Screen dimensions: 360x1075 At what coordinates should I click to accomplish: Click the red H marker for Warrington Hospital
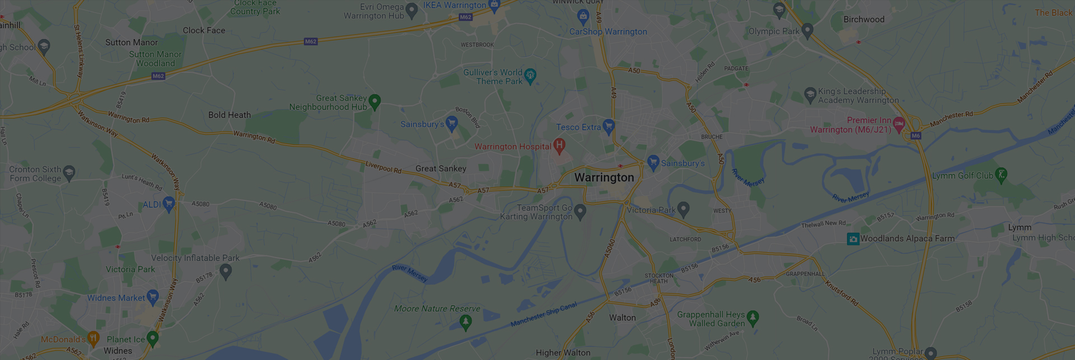559,146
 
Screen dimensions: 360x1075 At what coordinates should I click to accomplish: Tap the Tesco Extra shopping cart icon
609,126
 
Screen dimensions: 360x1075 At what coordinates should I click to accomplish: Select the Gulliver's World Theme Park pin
530,75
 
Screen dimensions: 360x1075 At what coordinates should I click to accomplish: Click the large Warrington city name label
604,177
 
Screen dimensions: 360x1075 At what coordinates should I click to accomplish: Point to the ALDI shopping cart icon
169,203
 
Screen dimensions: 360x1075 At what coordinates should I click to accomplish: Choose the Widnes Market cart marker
152,297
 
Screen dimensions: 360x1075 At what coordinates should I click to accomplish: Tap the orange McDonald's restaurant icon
94,338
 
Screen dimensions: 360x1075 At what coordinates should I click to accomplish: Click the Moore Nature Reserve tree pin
465,321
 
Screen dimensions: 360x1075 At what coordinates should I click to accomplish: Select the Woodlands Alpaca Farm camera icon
853,239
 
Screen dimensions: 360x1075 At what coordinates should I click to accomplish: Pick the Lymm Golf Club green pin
1001,175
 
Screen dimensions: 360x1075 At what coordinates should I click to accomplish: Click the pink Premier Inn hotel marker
899,124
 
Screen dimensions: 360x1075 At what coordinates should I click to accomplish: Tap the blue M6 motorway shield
915,136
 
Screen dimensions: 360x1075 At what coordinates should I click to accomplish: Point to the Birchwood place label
864,20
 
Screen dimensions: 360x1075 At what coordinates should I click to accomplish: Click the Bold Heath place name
230,115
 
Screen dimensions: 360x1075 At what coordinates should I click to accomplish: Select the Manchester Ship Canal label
543,315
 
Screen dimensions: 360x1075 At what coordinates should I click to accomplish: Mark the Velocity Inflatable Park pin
226,271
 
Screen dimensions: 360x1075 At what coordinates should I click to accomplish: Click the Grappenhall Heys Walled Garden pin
753,317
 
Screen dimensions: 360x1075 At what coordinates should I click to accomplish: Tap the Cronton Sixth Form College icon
69,172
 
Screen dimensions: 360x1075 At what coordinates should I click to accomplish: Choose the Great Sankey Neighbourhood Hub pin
375,101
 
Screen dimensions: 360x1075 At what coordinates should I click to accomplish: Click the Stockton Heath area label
659,278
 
